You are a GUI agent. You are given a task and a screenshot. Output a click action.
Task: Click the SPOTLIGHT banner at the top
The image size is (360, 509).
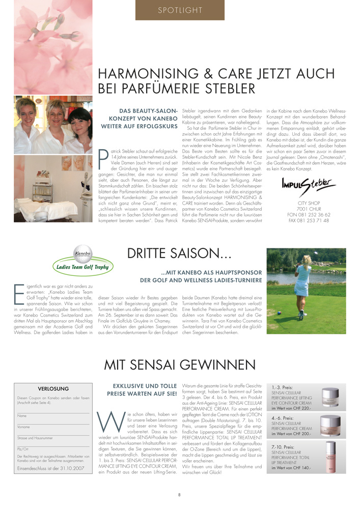180,10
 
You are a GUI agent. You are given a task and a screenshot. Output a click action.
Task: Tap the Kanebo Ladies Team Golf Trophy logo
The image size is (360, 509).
84,260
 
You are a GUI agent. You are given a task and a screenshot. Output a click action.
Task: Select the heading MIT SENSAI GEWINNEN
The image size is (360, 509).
180,364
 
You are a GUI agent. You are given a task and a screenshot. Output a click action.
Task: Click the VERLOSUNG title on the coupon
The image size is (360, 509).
53,388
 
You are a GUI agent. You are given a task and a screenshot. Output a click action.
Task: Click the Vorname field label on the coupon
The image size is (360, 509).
25,427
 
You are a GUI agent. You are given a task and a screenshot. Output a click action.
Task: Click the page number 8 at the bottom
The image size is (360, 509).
179,494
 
